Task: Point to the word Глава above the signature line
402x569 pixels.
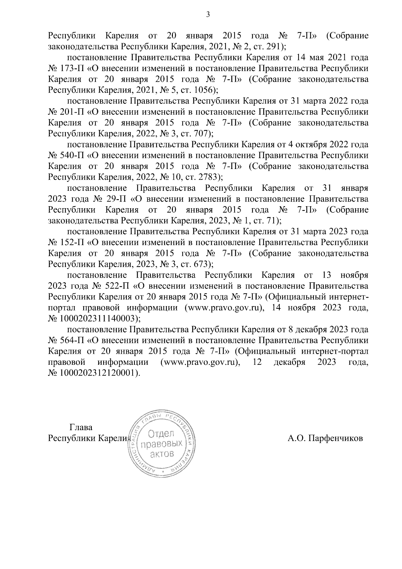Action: [81, 428]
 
